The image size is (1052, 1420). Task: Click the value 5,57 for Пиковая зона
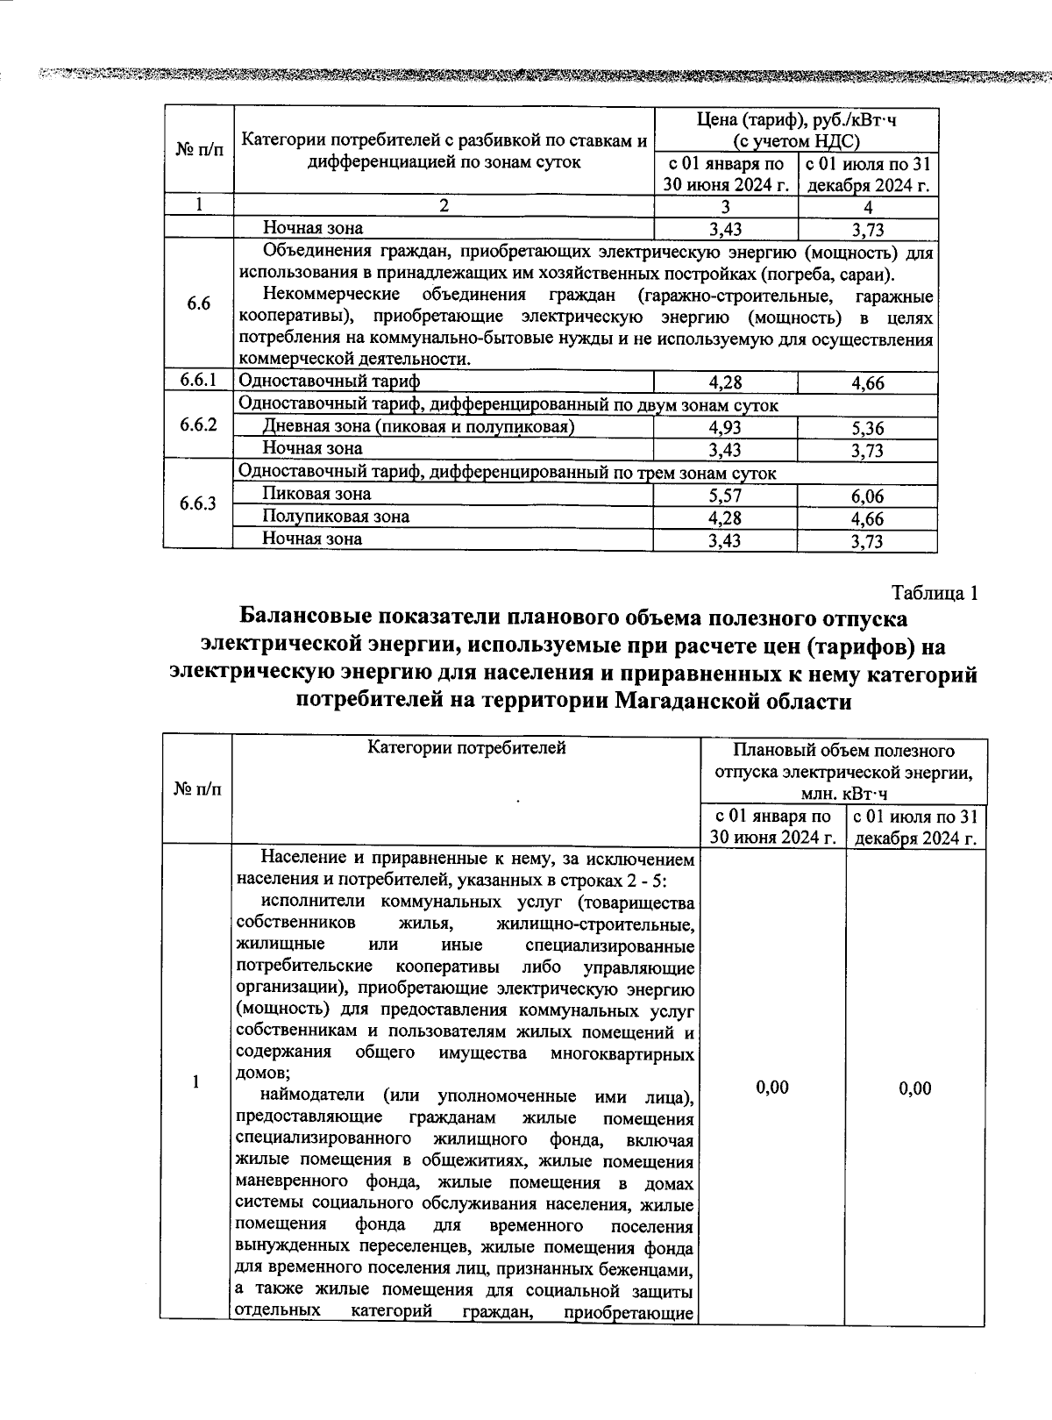click(x=725, y=496)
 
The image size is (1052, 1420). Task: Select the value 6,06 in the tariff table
click(x=867, y=497)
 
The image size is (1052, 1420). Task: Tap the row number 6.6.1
click(x=197, y=381)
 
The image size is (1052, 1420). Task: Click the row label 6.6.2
click(x=197, y=425)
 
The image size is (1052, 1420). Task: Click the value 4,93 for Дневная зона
click(x=725, y=428)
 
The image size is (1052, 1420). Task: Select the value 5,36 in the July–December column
click(x=867, y=429)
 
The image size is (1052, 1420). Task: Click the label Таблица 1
click(x=934, y=593)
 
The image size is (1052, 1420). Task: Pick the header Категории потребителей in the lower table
click(x=466, y=748)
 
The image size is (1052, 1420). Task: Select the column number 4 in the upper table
click(x=867, y=208)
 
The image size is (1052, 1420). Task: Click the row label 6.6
click(x=198, y=304)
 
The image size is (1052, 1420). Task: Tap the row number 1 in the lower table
click(x=196, y=1081)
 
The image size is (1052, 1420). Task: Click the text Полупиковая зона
click(x=336, y=517)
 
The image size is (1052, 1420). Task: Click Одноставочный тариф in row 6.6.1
click(x=330, y=382)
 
